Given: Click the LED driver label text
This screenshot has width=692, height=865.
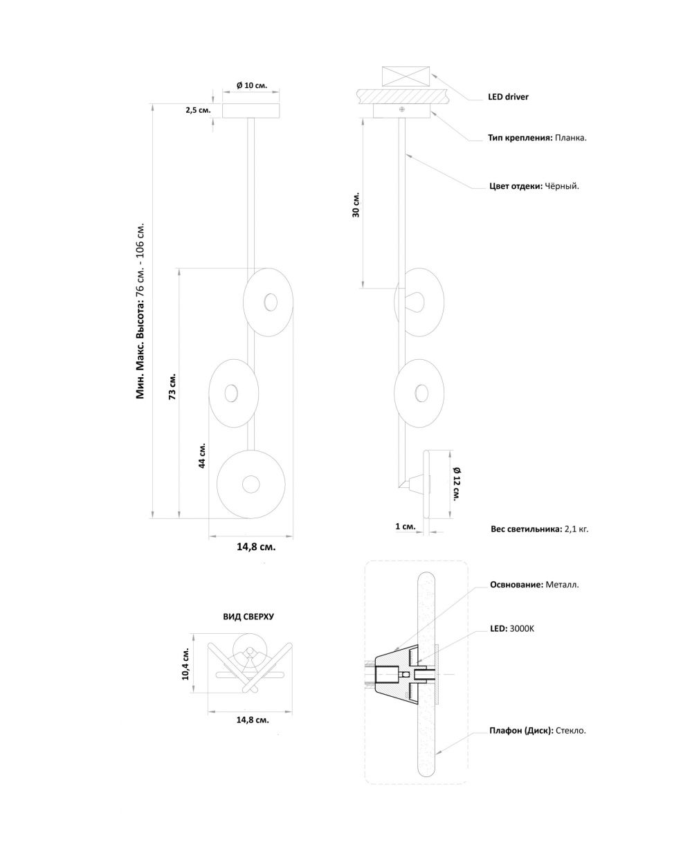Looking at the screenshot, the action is (508, 97).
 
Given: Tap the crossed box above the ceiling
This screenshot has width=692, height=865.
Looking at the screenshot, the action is (406, 76).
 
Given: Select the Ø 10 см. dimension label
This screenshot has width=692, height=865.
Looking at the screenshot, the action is (251, 85).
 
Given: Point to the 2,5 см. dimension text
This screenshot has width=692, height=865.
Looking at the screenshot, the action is (198, 110).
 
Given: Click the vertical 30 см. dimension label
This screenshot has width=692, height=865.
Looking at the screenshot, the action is (356, 205).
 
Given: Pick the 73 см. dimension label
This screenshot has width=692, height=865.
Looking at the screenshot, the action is (172, 386).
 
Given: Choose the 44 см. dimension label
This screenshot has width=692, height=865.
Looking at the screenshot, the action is (202, 455).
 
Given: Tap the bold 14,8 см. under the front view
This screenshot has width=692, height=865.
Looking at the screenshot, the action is (256, 547).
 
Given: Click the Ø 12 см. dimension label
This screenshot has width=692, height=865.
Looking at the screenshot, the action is (457, 483).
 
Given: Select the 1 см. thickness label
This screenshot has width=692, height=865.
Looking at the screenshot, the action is (406, 526).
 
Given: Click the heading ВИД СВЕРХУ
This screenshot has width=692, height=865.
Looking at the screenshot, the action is (248, 617).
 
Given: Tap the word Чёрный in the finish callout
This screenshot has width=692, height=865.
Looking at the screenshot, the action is (562, 186).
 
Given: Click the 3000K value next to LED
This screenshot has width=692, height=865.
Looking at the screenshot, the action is (522, 628).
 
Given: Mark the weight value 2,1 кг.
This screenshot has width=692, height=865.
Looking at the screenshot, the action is (576, 529).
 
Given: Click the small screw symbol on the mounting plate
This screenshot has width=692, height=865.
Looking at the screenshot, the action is (401, 109).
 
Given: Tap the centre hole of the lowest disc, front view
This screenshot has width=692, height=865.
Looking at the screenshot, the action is (251, 484).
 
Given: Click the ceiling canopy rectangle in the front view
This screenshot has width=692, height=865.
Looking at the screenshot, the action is (251, 111).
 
